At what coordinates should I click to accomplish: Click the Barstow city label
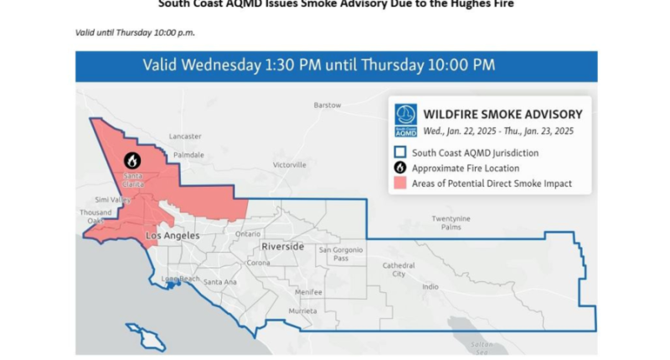(x=327, y=105)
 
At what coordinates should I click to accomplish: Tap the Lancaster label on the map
(x=185, y=136)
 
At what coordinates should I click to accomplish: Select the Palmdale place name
(x=188, y=155)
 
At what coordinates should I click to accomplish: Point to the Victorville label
(x=291, y=165)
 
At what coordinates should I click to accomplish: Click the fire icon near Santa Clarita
(x=132, y=160)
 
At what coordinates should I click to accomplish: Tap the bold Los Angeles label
(x=173, y=236)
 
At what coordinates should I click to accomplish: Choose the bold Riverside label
(x=282, y=247)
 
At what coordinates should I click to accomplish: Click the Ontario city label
(x=247, y=234)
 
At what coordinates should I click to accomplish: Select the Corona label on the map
(x=258, y=263)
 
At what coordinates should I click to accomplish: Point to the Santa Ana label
(x=220, y=282)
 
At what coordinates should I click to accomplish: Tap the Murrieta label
(x=302, y=311)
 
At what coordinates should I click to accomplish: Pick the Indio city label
(x=430, y=287)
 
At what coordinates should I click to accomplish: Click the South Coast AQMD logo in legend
(x=405, y=121)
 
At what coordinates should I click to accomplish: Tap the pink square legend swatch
(x=400, y=183)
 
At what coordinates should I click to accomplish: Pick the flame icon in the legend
(x=400, y=168)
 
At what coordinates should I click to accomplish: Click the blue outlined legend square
(x=400, y=153)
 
